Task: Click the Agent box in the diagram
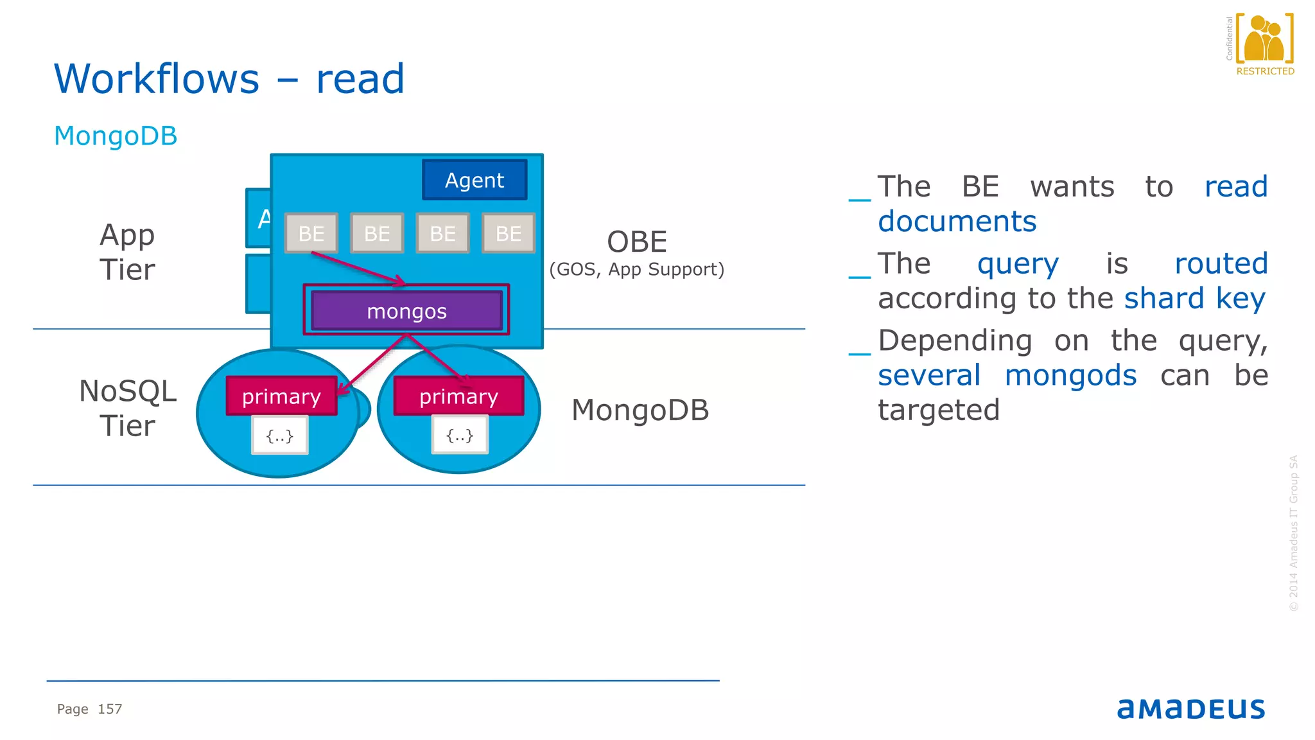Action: tap(475, 180)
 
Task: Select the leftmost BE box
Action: tap(311, 233)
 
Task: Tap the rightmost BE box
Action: tap(508, 233)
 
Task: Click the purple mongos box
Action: tap(406, 312)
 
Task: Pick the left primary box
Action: tap(281, 396)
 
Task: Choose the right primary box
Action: tap(458, 396)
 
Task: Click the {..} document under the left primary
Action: tap(280, 436)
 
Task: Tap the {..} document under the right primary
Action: tap(460, 436)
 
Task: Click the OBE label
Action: tap(637, 242)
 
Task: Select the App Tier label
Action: tap(127, 252)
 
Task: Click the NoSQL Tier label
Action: tap(127, 408)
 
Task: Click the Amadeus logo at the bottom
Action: tap(1190, 709)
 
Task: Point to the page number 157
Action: tap(110, 709)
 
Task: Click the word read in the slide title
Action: tap(360, 79)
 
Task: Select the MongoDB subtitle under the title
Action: tap(116, 136)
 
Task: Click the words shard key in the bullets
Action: tap(1194, 299)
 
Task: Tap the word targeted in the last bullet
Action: tap(939, 410)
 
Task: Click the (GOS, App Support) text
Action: tap(636, 269)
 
